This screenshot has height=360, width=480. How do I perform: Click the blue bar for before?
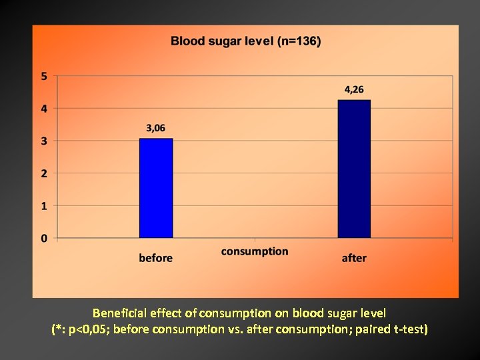click(156, 188)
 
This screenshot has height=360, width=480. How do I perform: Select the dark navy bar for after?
click(354, 169)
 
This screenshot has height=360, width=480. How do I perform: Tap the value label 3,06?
click(156, 129)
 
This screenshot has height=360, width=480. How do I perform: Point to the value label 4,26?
click(354, 89)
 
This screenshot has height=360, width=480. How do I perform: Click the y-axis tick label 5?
click(44, 76)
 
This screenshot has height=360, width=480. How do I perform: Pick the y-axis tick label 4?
click(44, 109)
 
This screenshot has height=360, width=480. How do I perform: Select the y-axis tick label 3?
click(44, 141)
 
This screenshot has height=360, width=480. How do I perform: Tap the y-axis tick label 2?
click(44, 173)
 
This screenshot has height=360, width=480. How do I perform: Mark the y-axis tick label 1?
click(44, 206)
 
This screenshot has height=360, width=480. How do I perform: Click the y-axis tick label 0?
click(44, 238)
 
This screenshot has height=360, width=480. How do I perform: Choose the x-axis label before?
click(155, 258)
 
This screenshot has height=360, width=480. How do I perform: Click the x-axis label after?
click(354, 258)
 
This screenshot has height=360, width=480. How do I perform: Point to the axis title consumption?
click(255, 251)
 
